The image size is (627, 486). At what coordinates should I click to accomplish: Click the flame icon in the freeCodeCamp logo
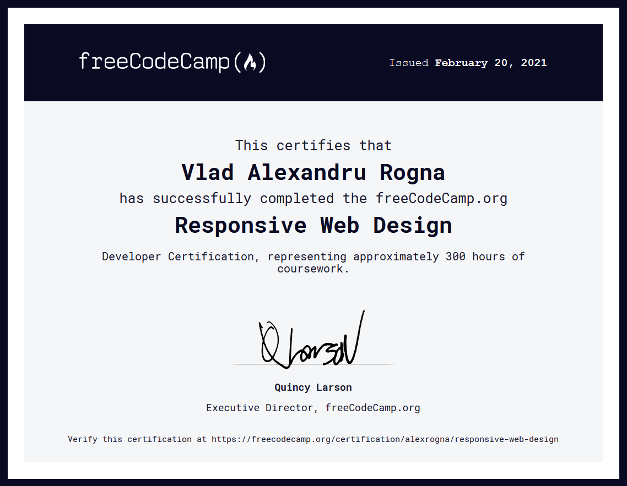coord(250,62)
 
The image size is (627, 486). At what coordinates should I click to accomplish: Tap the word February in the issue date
coord(461,63)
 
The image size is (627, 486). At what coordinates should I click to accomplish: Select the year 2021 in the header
coord(533,63)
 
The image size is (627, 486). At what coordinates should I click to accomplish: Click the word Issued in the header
coord(409,63)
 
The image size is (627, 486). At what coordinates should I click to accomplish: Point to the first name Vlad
coord(208,172)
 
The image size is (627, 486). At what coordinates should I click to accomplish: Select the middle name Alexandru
coord(307,172)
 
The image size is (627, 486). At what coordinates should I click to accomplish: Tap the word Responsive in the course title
coord(241,226)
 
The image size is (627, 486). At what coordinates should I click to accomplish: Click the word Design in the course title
coord(413,226)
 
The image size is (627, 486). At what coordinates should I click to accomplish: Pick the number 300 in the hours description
coord(456,256)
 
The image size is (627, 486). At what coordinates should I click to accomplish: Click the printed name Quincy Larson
coord(313,387)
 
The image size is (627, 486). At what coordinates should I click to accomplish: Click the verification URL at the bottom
coord(385,439)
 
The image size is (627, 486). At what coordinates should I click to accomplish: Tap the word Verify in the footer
coord(83,439)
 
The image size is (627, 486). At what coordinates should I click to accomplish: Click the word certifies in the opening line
coord(313,145)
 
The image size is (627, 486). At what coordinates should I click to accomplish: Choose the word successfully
coord(202,199)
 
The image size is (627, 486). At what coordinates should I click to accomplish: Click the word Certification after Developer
coord(211,256)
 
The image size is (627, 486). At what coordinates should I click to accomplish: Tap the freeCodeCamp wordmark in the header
coord(172,62)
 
